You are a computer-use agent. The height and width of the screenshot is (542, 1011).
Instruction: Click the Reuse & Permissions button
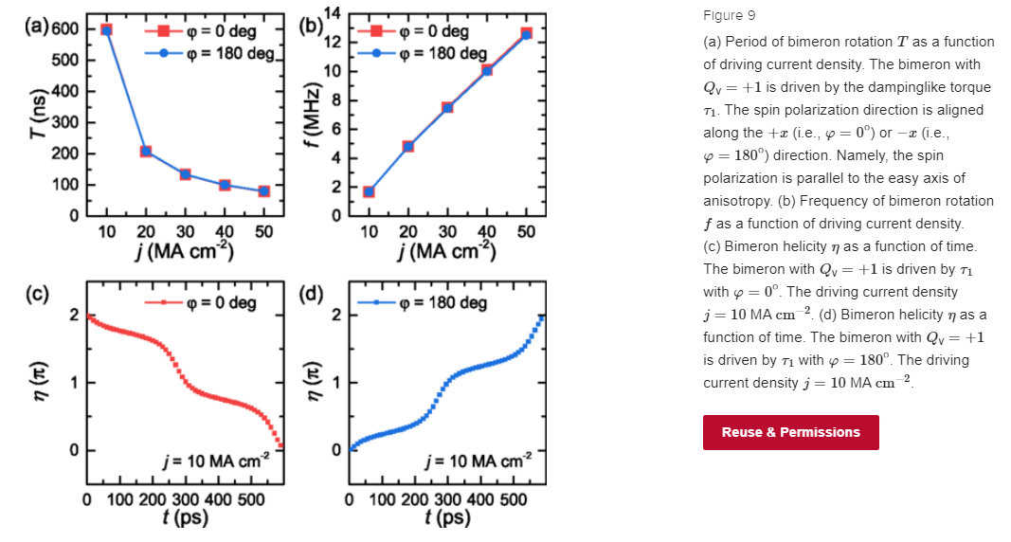tap(790, 432)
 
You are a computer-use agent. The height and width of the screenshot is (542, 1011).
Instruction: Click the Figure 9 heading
tap(729, 16)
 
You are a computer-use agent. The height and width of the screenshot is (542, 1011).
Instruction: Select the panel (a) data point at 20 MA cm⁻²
tap(146, 152)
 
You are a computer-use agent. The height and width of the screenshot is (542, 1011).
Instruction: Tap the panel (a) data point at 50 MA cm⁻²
tap(263, 191)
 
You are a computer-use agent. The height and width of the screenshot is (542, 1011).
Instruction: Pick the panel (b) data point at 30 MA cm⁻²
tap(447, 107)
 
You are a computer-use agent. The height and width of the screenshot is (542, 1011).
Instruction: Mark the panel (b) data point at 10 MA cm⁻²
tap(369, 191)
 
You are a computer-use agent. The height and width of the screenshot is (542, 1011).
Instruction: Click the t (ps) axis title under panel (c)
tap(185, 517)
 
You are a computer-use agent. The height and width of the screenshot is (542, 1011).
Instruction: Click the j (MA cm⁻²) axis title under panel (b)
tap(447, 252)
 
